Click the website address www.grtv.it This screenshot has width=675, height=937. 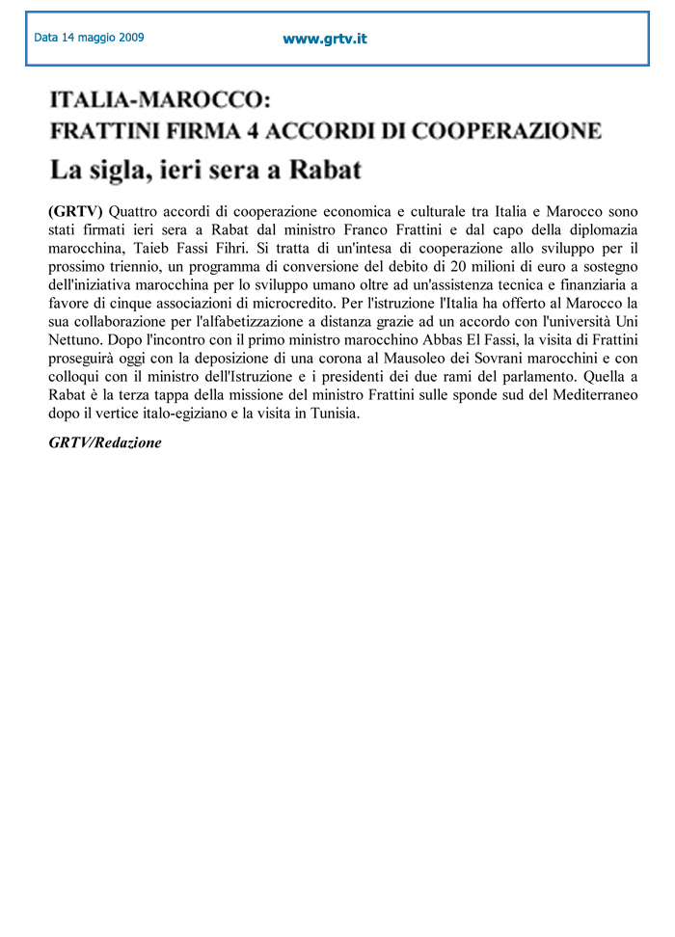click(324, 40)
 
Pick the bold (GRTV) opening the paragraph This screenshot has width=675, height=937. click(74, 211)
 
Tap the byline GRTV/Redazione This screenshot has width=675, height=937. click(104, 442)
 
